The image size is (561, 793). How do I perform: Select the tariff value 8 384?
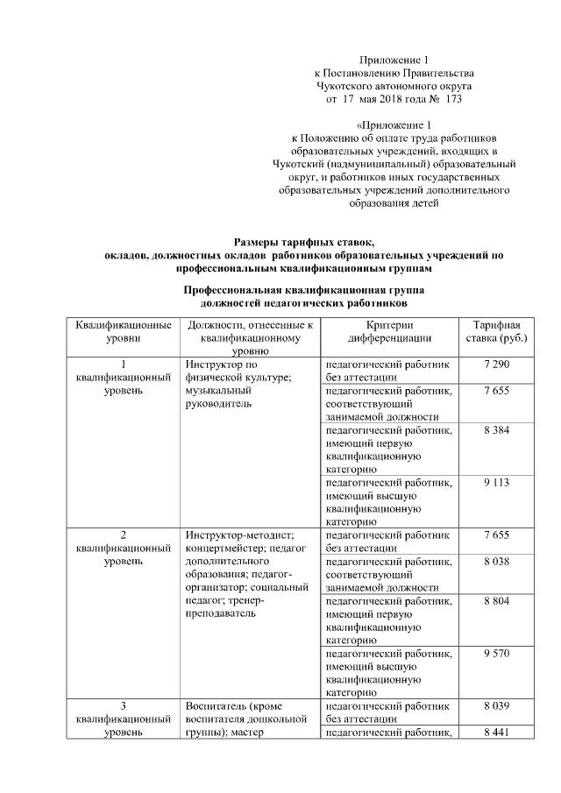coord(496,430)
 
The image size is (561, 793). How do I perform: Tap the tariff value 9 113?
coord(496,482)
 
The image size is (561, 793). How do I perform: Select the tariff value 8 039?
coord(496,705)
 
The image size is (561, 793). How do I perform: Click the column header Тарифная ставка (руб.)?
coord(496,331)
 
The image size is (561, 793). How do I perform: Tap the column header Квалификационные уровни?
coord(123,331)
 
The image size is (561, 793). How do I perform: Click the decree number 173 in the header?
coord(429,100)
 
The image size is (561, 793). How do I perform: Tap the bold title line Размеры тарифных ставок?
coord(303,242)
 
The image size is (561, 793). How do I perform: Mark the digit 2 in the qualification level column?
coord(123,535)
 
